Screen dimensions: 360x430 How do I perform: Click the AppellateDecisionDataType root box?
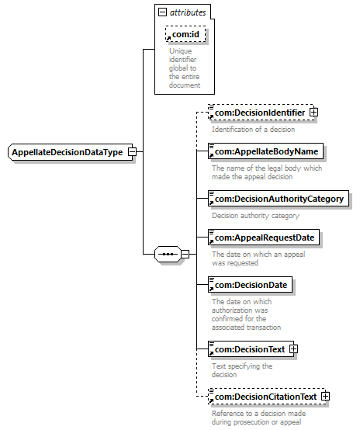point(71,152)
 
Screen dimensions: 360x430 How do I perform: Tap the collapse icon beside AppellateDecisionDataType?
point(133,151)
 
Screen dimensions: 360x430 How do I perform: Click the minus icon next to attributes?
point(163,12)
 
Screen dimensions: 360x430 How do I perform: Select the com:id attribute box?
point(185,34)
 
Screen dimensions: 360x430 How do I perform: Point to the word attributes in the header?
point(188,12)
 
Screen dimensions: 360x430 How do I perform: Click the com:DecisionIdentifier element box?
point(261,113)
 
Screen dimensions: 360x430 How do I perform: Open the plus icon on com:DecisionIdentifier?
point(313,113)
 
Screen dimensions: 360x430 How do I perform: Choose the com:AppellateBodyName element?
point(265,151)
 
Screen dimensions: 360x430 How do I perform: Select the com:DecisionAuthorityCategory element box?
point(279,199)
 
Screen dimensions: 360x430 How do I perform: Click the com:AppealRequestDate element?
point(264,238)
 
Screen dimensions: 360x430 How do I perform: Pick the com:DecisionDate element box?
point(251,285)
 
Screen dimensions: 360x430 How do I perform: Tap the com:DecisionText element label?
point(250,349)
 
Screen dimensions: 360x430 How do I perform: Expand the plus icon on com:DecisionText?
point(293,349)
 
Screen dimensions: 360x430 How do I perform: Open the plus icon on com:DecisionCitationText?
point(325,397)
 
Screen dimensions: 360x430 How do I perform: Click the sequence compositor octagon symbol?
point(168,255)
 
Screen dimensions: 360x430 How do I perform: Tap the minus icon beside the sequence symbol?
point(185,255)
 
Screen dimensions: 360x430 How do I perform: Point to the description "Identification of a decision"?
point(254,129)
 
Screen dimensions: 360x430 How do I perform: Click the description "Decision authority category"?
point(255,216)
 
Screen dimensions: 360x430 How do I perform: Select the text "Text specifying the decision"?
point(242,370)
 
